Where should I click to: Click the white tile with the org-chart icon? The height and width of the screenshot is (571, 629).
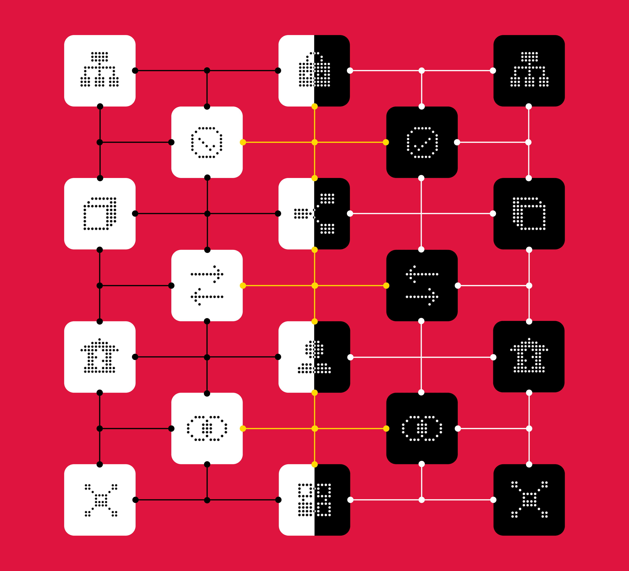100,70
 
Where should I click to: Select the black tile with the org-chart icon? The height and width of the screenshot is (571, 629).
529,70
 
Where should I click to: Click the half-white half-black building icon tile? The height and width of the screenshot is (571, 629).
314,70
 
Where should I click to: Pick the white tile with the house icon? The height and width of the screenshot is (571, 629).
100,357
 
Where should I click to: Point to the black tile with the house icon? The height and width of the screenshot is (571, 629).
529,357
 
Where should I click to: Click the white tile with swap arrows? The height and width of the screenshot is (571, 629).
207,285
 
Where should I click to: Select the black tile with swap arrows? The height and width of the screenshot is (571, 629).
422,285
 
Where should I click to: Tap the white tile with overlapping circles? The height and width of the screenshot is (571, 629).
207,428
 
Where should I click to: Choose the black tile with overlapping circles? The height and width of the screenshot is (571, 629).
422,428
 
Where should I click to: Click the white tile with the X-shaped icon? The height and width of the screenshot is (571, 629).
100,500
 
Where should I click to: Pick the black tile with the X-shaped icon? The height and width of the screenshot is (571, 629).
529,500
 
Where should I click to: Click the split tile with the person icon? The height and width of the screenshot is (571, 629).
314,357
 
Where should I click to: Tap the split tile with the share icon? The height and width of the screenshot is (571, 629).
314,214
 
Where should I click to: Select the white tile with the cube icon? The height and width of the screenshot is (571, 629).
100,214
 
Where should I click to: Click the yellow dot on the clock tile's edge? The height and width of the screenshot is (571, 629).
243,142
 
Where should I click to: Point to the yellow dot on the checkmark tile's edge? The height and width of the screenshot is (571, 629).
386,142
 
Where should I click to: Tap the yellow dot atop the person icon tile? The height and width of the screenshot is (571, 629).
314,322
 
